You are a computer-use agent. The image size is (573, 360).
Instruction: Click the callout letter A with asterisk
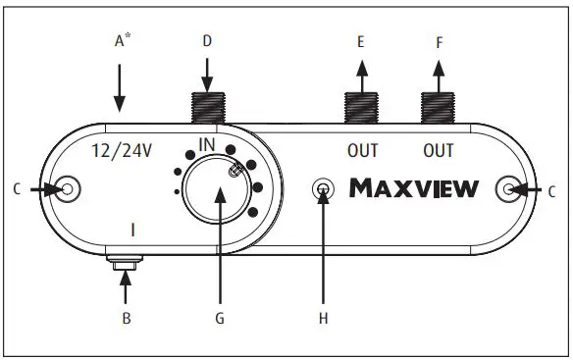[x=122, y=41]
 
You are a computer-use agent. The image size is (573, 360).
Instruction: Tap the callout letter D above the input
[x=207, y=41]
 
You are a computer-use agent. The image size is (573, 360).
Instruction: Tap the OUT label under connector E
[x=362, y=152]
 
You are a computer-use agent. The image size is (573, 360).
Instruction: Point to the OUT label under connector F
[x=438, y=152]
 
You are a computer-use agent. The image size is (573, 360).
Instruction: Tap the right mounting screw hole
[x=509, y=187]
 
